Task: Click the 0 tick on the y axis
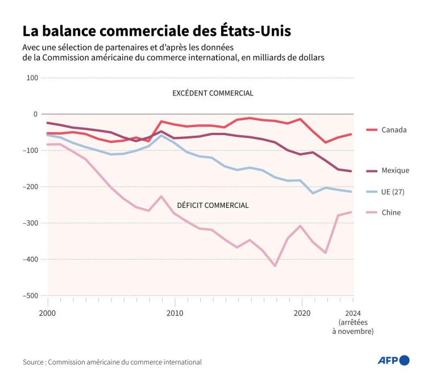tap(35, 114)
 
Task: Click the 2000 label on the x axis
tap(47, 313)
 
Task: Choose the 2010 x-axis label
tap(175, 313)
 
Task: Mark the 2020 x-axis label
tap(302, 313)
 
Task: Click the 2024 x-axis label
tap(353, 313)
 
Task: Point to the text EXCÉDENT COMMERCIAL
tap(213, 93)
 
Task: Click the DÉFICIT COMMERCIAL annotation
tap(213, 205)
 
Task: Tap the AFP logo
tap(393, 360)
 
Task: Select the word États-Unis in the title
tap(256, 31)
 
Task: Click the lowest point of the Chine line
tap(276, 266)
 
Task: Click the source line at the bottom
tap(113, 362)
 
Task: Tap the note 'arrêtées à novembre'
tap(353, 327)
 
